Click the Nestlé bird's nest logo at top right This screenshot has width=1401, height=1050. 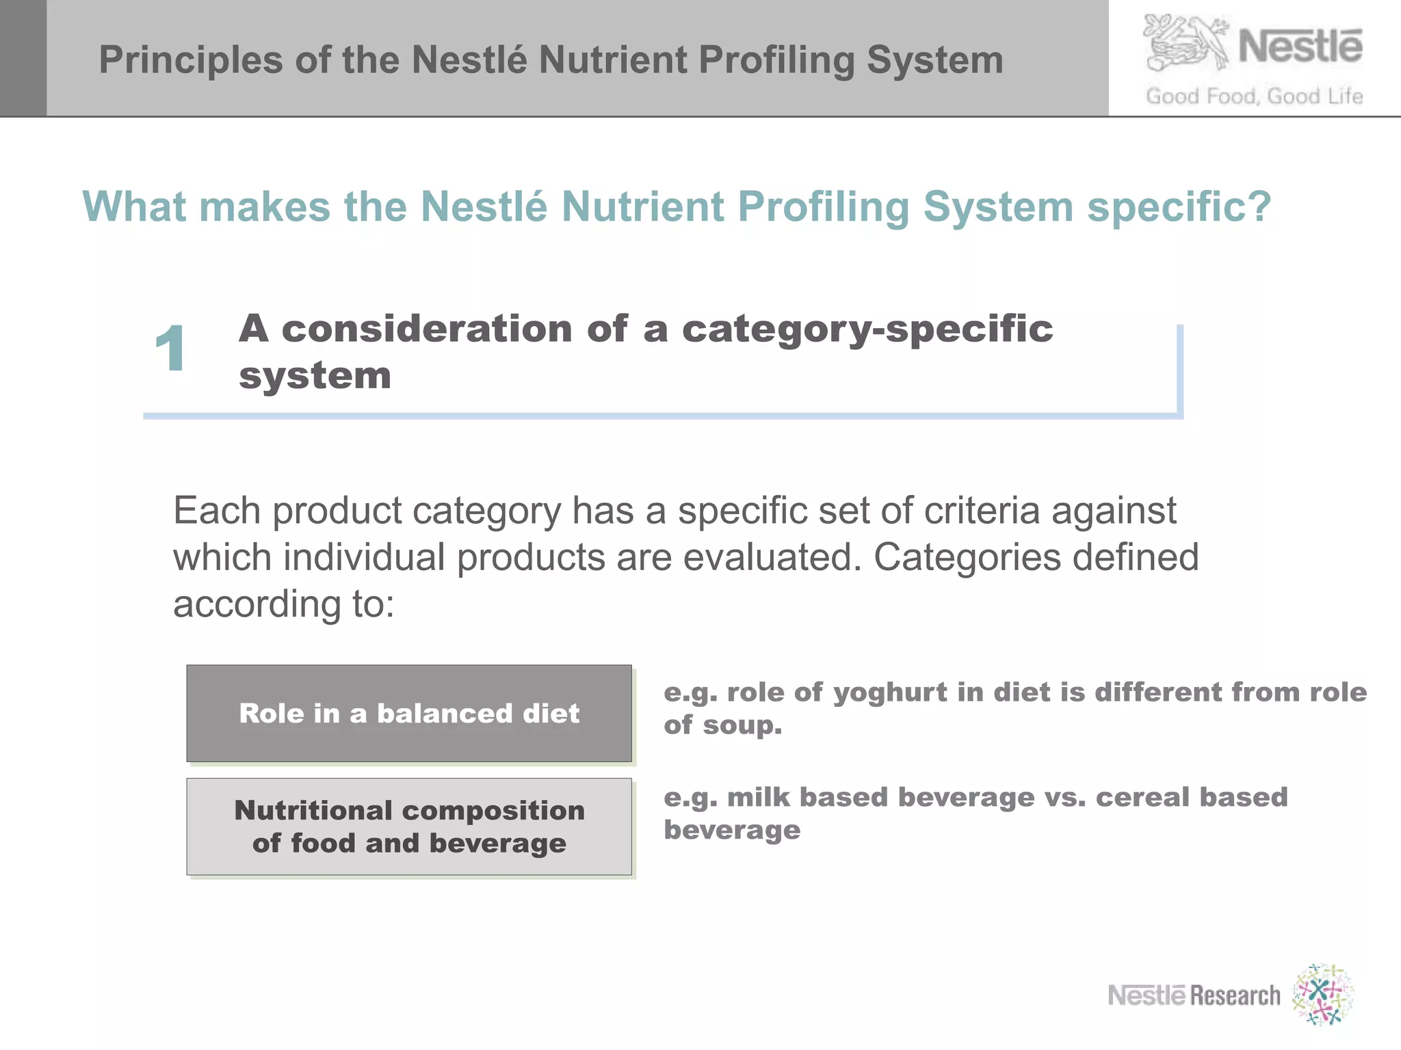pyautogui.click(x=1186, y=42)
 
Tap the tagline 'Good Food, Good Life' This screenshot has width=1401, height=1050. pyautogui.click(x=1254, y=96)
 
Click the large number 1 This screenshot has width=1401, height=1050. pyautogui.click(x=170, y=349)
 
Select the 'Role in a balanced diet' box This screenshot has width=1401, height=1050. pyautogui.click(x=409, y=713)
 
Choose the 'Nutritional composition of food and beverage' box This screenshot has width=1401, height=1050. pyautogui.click(x=409, y=826)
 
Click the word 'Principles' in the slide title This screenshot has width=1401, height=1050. pyautogui.click(x=190, y=60)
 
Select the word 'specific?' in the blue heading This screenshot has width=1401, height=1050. pyautogui.click(x=1179, y=206)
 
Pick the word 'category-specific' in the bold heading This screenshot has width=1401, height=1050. pyautogui.click(x=867, y=329)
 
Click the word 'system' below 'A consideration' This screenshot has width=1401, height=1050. pyautogui.click(x=315, y=376)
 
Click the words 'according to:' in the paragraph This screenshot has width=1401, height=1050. pyautogui.click(x=284, y=604)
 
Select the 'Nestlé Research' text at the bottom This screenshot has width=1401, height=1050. pyautogui.click(x=1194, y=995)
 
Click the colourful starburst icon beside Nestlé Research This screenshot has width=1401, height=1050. pyautogui.click(x=1322, y=995)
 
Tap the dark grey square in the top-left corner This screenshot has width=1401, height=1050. pyautogui.click(x=23, y=58)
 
